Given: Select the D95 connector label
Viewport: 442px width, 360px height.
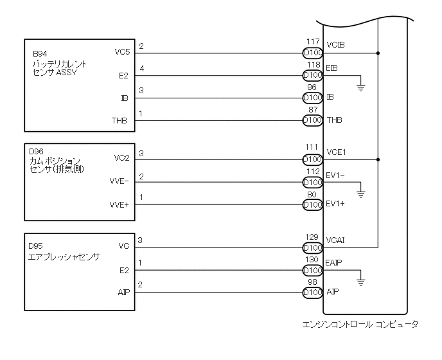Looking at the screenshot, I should tap(36, 246).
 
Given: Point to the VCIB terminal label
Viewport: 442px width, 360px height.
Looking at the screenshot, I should tap(335, 46).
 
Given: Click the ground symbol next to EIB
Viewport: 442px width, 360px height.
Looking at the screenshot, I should tap(361, 86).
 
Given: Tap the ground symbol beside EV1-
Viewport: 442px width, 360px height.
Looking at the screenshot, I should tap(361, 192).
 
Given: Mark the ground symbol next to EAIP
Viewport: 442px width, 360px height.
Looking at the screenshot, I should tap(361, 280).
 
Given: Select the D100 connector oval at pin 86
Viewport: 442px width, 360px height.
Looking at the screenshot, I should tap(312, 98).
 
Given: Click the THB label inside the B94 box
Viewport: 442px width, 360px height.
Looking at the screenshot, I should tap(119, 120).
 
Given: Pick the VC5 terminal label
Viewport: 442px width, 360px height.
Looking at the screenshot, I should tap(121, 53).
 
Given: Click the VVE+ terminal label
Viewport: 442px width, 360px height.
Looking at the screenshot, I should tap(119, 205).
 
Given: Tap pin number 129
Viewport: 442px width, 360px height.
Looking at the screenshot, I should tap(312, 237).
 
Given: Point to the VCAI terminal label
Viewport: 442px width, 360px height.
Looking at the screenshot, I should tap(335, 240).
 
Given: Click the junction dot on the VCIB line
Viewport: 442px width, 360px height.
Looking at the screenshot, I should tap(379, 53).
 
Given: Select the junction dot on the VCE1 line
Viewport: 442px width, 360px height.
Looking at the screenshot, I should tap(379, 159).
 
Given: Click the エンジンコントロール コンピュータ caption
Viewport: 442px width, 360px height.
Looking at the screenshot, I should tap(359, 324).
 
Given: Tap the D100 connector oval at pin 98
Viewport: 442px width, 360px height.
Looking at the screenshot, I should tap(312, 292).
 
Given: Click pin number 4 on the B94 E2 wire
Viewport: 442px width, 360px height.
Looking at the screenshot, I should tap(141, 67).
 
